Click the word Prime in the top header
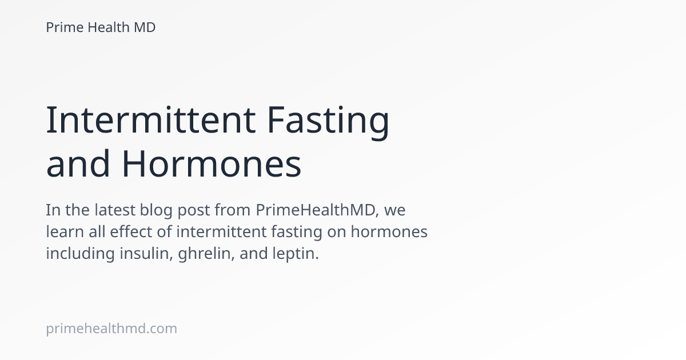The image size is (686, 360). point(64,27)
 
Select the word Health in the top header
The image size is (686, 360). point(108,27)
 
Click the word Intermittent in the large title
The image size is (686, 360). point(150,120)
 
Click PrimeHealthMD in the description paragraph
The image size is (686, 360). point(317,210)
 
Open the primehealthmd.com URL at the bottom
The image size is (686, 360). point(111,329)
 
